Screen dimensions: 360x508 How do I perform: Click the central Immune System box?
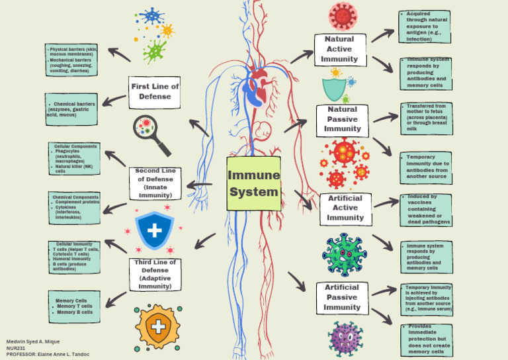click(x=253, y=183)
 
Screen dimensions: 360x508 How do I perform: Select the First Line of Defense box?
click(x=155, y=91)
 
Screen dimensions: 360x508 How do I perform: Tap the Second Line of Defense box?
click(x=155, y=183)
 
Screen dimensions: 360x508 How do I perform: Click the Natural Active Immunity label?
click(x=339, y=50)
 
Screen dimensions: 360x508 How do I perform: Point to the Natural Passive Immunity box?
click(x=342, y=120)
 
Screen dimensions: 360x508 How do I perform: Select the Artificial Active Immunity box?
click(x=345, y=208)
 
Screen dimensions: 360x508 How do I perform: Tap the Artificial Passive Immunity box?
click(x=342, y=297)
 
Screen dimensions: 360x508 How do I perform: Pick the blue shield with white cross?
click(x=154, y=230)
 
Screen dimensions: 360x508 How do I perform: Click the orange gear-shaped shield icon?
click(x=157, y=327)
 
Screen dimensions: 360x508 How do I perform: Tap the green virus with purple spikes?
click(x=344, y=253)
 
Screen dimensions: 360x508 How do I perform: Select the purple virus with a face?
click(x=345, y=337)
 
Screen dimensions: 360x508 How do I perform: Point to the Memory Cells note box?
click(x=74, y=306)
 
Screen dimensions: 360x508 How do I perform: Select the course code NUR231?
click(x=16, y=348)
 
